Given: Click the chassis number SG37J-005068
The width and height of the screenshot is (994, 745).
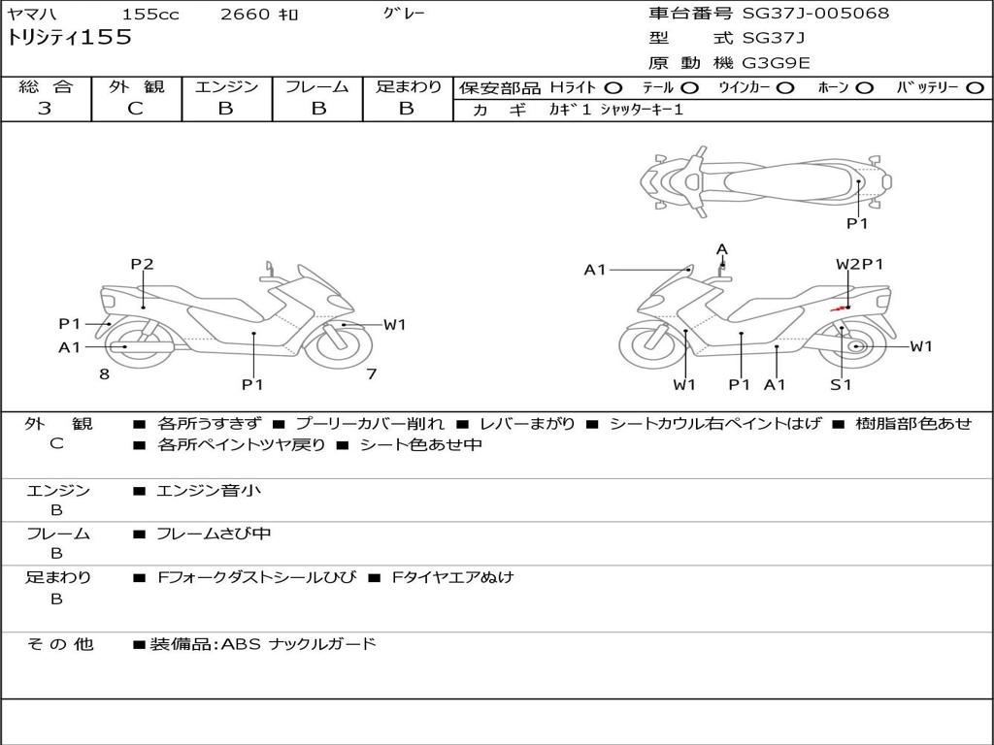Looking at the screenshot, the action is (x=815, y=14).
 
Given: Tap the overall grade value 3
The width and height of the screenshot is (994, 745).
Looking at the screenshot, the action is (x=45, y=109).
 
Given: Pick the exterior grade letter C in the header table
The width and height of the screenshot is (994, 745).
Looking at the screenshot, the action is (x=135, y=109).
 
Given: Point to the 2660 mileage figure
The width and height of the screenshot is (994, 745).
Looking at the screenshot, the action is (x=246, y=15).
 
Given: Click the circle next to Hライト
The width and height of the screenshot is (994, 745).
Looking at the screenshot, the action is (x=613, y=87).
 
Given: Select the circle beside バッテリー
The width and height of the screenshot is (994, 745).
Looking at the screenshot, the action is (x=974, y=87).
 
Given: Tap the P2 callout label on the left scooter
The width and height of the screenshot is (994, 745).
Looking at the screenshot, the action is (x=142, y=264).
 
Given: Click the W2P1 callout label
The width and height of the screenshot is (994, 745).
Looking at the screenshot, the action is (x=860, y=264).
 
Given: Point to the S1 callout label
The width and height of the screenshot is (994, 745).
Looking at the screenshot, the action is (x=841, y=384).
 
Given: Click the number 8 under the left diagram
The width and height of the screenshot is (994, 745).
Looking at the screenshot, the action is (x=104, y=373).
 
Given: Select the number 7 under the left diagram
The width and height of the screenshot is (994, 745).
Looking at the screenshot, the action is (x=371, y=373).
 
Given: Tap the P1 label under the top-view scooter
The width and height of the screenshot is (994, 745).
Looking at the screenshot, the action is (x=856, y=223).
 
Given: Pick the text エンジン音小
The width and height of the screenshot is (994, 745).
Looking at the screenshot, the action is (x=209, y=491).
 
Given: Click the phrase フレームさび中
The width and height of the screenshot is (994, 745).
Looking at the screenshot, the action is (x=214, y=534).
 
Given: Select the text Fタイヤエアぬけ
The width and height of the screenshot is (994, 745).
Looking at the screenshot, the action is (x=452, y=577).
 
